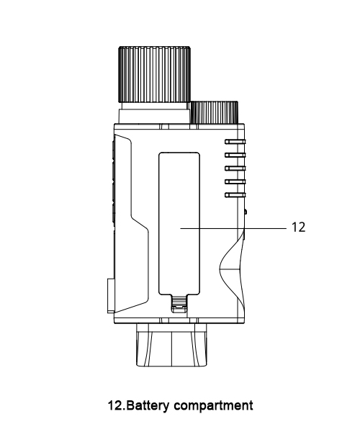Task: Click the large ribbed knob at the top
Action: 155,74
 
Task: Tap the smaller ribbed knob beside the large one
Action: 215,112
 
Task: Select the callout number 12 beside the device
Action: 298,228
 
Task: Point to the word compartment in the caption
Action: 213,406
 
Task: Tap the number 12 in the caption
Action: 116,405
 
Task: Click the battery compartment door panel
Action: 179,223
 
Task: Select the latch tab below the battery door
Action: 179,304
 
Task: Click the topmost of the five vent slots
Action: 235,142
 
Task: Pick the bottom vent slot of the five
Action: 235,195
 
